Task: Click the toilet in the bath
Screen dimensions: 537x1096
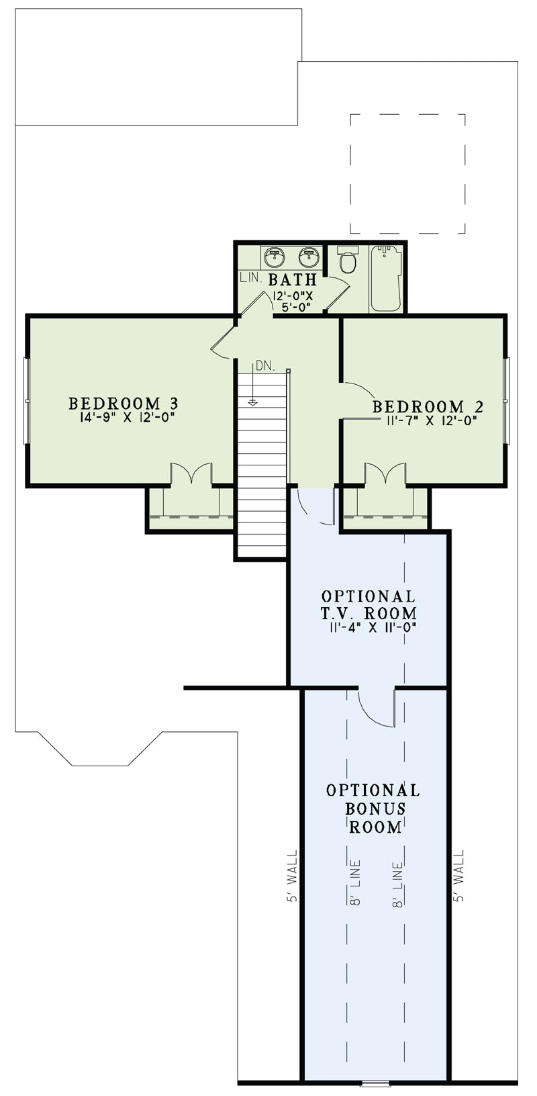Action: click(348, 259)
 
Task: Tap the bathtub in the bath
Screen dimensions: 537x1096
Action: click(387, 278)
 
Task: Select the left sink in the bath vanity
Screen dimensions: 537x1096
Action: click(275, 257)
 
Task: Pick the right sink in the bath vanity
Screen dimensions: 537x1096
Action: click(309, 257)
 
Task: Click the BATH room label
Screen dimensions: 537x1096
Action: click(293, 279)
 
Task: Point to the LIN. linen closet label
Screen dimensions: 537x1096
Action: click(251, 279)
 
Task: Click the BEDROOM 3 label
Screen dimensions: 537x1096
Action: click(124, 404)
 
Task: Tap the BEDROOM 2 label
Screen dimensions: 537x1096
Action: click(428, 406)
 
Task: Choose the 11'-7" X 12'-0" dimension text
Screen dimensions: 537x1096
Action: click(431, 420)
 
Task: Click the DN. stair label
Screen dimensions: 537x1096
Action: click(264, 366)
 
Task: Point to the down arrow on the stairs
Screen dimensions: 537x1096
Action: click(252, 385)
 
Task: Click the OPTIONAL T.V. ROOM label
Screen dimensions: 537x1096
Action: click(369, 604)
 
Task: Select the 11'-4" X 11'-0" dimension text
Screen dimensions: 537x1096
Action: click(373, 627)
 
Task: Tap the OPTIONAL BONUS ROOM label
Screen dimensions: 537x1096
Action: click(373, 809)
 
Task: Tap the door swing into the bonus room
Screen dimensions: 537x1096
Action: click(376, 708)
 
